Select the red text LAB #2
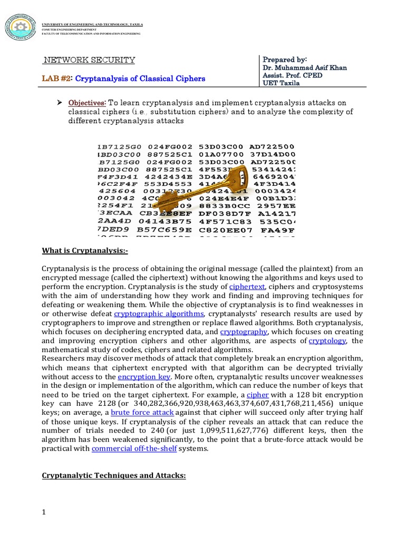click(56, 79)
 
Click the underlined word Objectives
click(86, 102)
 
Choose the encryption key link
click(143, 377)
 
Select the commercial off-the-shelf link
click(134, 448)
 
